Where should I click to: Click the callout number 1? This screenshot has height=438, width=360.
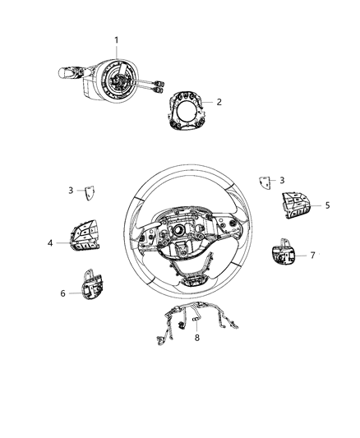[116, 40]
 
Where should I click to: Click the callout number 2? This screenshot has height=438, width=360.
[219, 103]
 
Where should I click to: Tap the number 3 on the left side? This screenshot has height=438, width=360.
[71, 191]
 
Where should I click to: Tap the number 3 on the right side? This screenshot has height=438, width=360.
[282, 180]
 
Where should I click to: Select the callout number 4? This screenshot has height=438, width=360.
[51, 243]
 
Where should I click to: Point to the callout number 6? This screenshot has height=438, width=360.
[62, 293]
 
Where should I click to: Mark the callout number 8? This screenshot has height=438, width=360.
[196, 337]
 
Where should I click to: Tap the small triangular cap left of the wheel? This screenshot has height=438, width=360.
[89, 192]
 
